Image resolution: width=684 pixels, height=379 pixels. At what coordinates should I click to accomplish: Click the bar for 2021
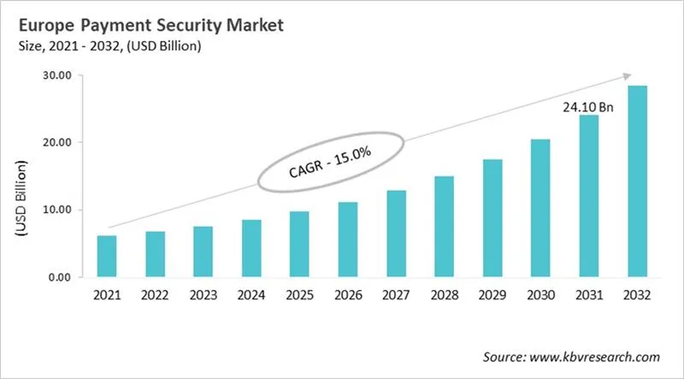pyautogui.click(x=106, y=256)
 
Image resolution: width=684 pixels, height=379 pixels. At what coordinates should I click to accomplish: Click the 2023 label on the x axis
pyautogui.click(x=203, y=296)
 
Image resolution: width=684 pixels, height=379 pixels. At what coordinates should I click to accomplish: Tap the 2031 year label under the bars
pyautogui.click(x=590, y=296)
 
